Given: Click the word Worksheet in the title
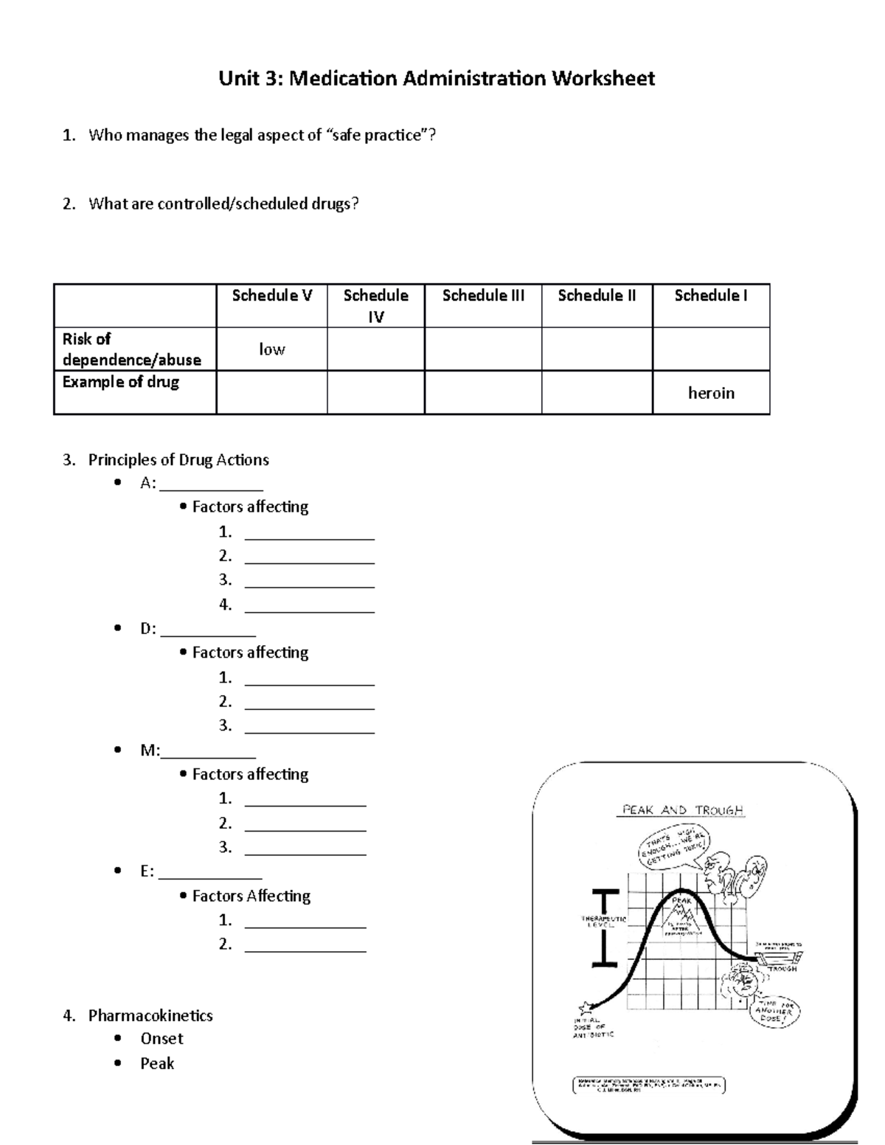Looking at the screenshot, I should pos(604,79).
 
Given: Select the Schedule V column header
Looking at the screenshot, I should pos(271,296).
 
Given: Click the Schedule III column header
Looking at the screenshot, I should pos(483,296).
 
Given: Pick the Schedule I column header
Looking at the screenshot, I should pos(710,296).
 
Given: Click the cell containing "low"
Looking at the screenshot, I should pos(271,349).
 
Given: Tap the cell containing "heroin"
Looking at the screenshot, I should pos(711,393).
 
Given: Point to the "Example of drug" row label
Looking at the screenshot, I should pos(121,383).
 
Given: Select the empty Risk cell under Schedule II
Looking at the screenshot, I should pos(597,349).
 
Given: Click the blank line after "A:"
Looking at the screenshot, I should pos(212,486).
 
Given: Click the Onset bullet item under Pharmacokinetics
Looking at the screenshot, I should pos(162,1039).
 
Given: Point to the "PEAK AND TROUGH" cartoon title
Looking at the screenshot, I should pos(683,810).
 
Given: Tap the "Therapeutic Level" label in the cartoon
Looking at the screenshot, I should pos(603,922).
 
